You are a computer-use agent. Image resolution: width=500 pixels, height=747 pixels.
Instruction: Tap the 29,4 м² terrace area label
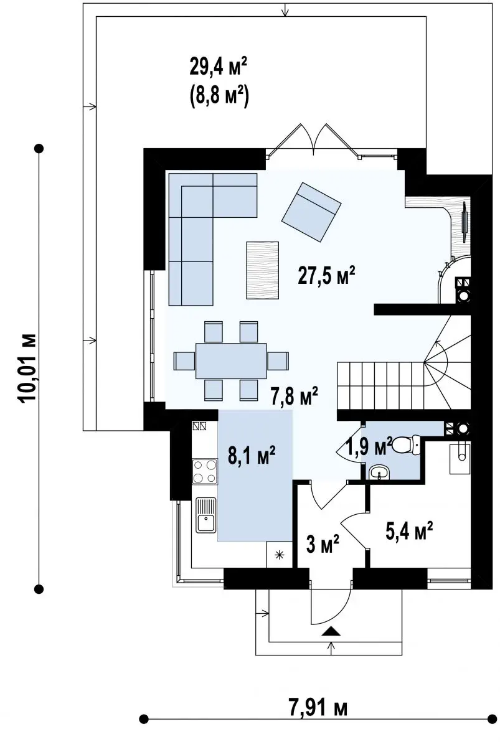tap(219, 67)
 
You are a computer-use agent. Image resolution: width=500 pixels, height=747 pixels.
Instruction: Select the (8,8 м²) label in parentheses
tap(219, 96)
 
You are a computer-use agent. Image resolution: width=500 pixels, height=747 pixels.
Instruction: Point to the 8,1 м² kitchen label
tap(252, 456)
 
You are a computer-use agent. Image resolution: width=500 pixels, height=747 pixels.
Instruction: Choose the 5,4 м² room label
tap(409, 531)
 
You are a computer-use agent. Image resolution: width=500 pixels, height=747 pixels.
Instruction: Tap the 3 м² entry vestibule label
tap(322, 543)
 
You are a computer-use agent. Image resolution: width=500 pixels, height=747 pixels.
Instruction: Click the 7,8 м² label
tap(294, 396)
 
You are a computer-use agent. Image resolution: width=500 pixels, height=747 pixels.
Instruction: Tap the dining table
tap(231, 361)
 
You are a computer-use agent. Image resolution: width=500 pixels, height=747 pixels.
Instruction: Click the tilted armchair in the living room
tap(311, 212)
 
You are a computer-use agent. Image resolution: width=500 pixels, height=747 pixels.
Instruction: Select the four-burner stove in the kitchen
tap(204, 471)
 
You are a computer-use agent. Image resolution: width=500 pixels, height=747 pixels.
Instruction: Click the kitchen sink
tap(206, 515)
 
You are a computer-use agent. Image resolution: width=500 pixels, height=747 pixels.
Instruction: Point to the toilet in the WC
tap(406, 444)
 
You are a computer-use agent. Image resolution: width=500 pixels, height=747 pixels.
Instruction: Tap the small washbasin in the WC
tap(379, 472)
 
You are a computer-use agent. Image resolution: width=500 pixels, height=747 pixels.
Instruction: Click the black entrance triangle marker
tap(331, 631)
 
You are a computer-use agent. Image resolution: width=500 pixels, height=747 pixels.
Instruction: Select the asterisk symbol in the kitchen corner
tap(279, 555)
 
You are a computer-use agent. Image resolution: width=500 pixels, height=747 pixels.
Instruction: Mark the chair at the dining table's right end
tap(278, 361)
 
